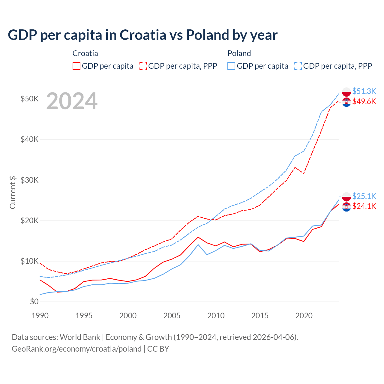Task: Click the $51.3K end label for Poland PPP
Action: (364, 91)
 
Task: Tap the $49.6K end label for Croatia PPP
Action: (364, 102)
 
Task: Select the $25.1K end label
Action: (364, 196)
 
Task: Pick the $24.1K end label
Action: (364, 206)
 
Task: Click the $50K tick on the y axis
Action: (29, 99)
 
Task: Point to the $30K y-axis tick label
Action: (29, 180)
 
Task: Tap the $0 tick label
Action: (34, 301)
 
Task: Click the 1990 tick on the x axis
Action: (40, 316)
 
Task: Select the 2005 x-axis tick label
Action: (172, 316)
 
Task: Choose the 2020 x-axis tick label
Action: (304, 316)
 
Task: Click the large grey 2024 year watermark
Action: (72, 101)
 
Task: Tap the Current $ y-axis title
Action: (13, 192)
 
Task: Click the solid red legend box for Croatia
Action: (76, 66)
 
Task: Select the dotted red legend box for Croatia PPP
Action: (143, 66)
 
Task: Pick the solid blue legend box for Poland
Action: (231, 66)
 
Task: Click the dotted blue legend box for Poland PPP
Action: (298, 66)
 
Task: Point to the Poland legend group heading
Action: (239, 53)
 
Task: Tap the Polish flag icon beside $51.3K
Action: (346, 92)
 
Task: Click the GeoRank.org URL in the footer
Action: (76, 349)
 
